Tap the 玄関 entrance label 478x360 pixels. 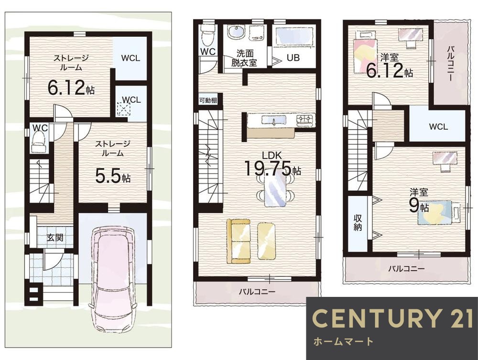[55, 238]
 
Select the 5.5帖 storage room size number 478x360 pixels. [113, 176]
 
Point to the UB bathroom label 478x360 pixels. [293, 58]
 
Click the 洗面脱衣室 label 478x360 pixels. [244, 58]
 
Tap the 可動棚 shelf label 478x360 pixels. [208, 100]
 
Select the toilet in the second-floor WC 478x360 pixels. [208, 35]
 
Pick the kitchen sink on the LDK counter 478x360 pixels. [273, 120]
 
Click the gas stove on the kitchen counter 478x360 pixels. [306, 120]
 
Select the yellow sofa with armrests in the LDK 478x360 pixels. [239, 240]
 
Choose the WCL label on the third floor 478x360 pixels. [438, 127]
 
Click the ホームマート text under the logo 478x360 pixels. [343, 341]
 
